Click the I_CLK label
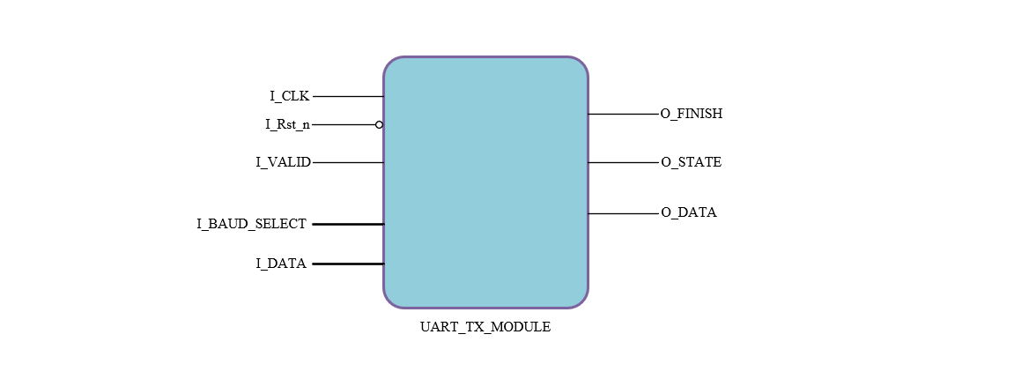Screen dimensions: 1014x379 [x=289, y=96]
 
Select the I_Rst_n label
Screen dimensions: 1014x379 [x=287, y=124]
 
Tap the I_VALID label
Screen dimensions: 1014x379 [x=283, y=162]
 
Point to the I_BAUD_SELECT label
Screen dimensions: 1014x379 [x=251, y=224]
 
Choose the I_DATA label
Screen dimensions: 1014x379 [x=281, y=264]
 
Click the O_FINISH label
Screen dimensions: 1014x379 [x=692, y=114]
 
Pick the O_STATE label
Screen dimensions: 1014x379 [x=692, y=162]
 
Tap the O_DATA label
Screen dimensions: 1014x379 [x=689, y=212]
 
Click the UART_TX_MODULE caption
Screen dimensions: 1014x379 [x=485, y=327]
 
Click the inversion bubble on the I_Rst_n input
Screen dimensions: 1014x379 [x=379, y=124]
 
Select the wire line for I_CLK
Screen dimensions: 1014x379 [x=348, y=96]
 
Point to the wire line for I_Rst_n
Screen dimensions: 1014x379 [x=344, y=124]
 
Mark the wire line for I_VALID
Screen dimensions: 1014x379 [x=348, y=162]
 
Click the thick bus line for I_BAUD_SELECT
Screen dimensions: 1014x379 [x=348, y=224]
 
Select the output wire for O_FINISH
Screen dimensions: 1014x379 [x=623, y=114]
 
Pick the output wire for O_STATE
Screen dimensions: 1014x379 [x=623, y=162]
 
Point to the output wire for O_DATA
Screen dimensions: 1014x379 [x=623, y=213]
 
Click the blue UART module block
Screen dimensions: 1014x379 [x=485, y=182]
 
